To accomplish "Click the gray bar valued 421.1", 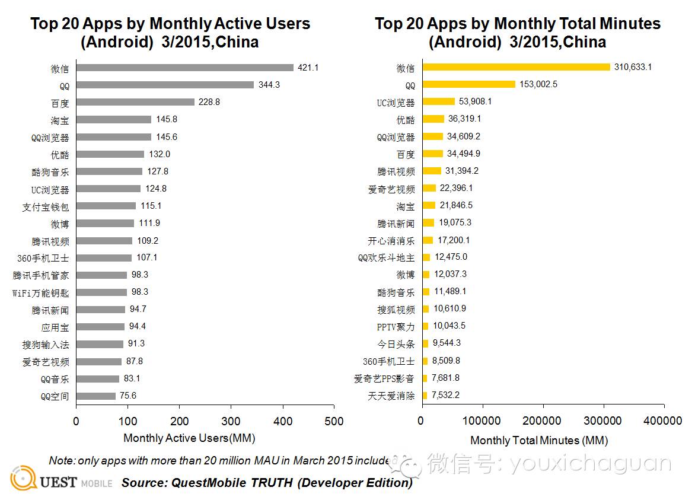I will [185, 68].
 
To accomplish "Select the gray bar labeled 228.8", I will [135, 102].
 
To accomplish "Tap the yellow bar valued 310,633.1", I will [517, 67].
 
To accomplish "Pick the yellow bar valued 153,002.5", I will [469, 84].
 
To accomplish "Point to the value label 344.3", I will [269, 85].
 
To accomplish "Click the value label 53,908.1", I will [476, 102].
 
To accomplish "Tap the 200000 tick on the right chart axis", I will [543, 421].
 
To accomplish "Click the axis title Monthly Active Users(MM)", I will [189, 438].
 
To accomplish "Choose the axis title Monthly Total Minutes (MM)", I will [538, 441].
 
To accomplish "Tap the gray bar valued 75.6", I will [96, 396].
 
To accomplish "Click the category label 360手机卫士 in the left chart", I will [43, 258].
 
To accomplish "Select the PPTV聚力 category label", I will [395, 327].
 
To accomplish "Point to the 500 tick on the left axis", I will [334, 421].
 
